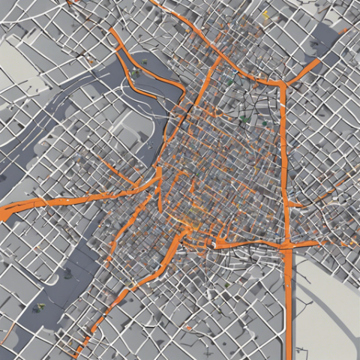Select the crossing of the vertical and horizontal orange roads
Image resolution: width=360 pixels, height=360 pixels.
288,244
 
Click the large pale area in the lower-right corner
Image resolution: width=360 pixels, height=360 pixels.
330,315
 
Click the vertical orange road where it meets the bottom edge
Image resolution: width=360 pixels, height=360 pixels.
289,357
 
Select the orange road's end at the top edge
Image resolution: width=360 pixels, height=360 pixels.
154,2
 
